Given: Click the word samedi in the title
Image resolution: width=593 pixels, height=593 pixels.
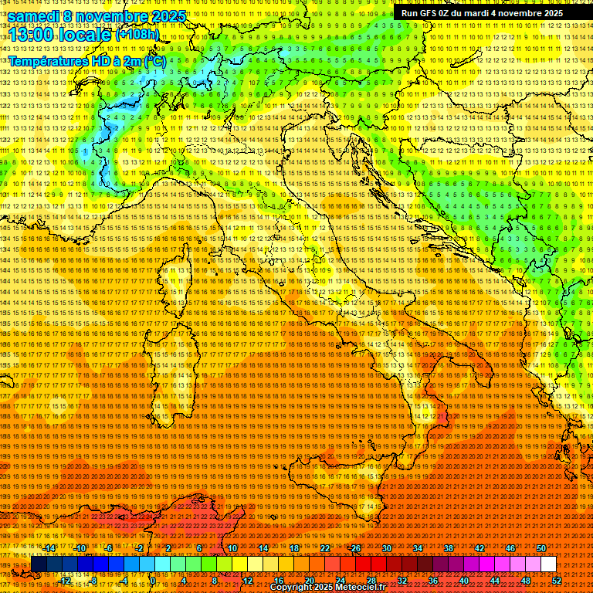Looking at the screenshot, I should click(35, 15).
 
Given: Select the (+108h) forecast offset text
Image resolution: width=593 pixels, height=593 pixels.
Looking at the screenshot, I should click(137, 35).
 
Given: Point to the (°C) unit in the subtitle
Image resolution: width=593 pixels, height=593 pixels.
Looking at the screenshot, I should click(154, 60).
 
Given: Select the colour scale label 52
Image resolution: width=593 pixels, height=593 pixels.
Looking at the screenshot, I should click(556, 580).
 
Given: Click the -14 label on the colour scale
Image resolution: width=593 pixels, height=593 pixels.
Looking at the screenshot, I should click(49, 548).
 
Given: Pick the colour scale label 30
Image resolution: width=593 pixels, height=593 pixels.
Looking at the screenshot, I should click(386, 548).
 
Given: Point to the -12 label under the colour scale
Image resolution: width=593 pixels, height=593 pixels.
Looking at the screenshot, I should click(64, 580).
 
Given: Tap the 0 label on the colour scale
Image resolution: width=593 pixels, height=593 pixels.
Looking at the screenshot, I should click(153, 580).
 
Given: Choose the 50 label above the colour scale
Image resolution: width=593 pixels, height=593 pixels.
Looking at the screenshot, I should click(540, 548).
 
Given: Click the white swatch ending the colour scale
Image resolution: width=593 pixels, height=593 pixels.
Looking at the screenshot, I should click(548, 564).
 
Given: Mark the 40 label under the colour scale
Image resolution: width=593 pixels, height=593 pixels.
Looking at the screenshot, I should click(463, 580).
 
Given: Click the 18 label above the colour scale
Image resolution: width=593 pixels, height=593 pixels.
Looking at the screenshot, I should click(293, 548).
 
